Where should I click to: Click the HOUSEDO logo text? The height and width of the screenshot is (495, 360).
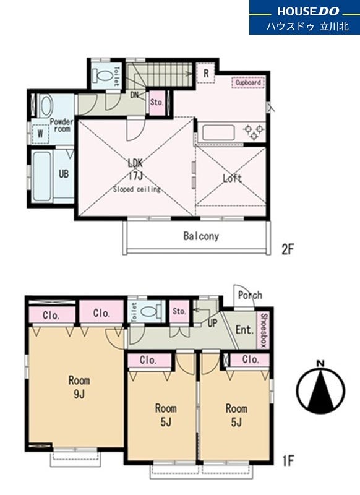click(x=308, y=11)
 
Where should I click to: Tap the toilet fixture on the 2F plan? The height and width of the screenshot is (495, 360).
click(x=103, y=76)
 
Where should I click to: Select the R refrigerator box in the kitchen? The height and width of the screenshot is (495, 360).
click(x=206, y=73)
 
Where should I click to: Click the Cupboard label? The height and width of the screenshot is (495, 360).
click(x=248, y=83)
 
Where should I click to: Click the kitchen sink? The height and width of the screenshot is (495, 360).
click(x=218, y=132)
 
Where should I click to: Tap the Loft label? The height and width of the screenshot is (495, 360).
click(x=232, y=178)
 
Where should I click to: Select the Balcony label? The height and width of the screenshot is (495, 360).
click(x=201, y=236)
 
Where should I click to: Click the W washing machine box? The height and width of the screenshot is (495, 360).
click(x=40, y=134)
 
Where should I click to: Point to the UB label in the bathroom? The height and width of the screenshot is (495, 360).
click(x=64, y=174)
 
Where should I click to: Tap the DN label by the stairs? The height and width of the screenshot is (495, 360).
click(x=134, y=95)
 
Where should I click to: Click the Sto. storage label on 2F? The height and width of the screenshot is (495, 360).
click(x=157, y=102)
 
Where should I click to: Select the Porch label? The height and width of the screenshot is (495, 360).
click(x=250, y=296)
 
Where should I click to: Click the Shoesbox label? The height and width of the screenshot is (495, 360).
click(x=264, y=330)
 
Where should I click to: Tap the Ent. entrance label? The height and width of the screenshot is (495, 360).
click(x=244, y=330)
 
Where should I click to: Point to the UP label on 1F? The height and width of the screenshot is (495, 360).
click(x=213, y=323)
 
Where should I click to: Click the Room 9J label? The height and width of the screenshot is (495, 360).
click(x=79, y=387)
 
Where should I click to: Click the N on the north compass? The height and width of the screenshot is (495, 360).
click(x=321, y=364)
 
